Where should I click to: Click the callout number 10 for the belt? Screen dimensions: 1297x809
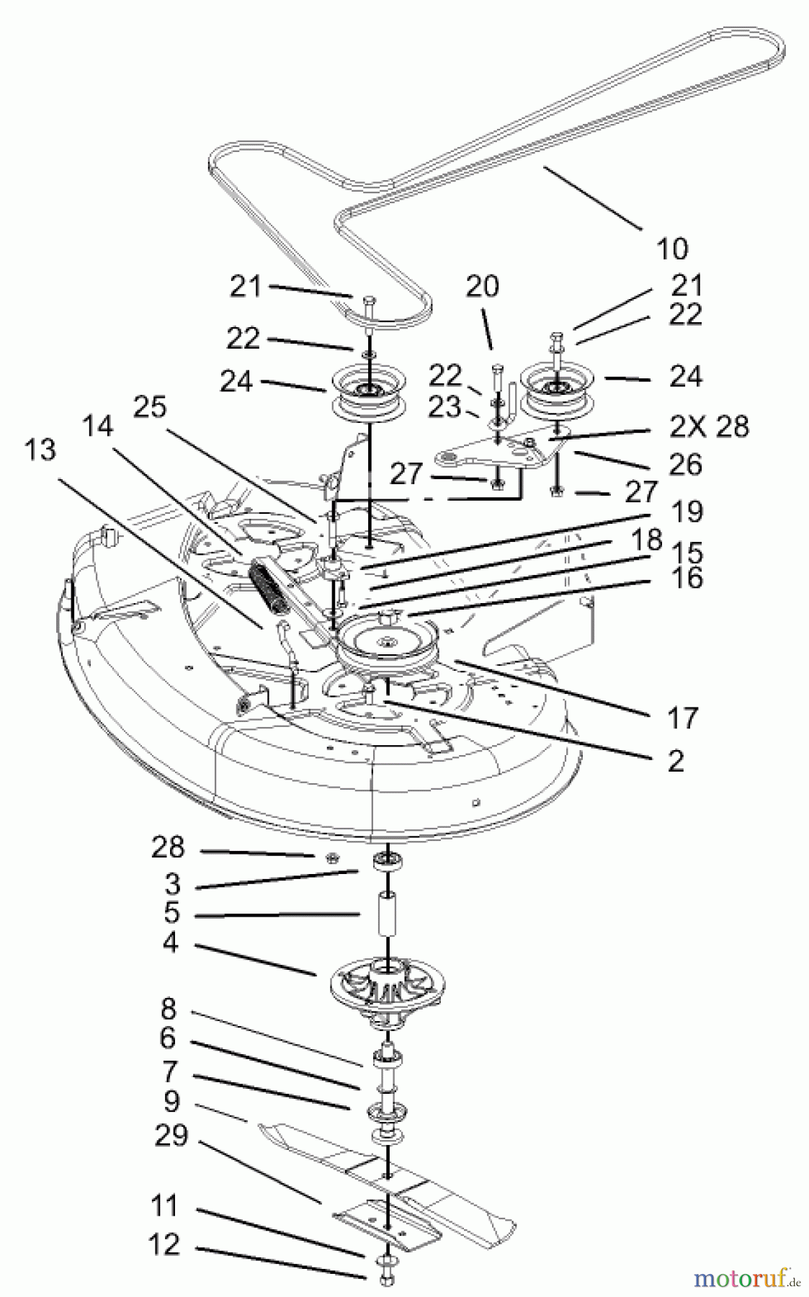pyautogui.click(x=671, y=249)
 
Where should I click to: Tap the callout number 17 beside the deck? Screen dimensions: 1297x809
pyautogui.click(x=682, y=718)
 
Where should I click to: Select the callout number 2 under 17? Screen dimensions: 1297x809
pyautogui.click(x=675, y=761)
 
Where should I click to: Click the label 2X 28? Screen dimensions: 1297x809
pyautogui.click(x=709, y=427)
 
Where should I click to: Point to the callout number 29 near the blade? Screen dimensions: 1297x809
pyautogui.click(x=171, y=1136)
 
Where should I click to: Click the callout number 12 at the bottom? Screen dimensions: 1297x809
pyautogui.click(x=164, y=1244)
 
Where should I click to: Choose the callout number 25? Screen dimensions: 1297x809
pyautogui.click(x=150, y=407)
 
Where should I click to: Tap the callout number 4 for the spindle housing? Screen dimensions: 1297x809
pyautogui.click(x=170, y=942)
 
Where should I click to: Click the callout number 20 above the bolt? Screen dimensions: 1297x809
pyautogui.click(x=482, y=286)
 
